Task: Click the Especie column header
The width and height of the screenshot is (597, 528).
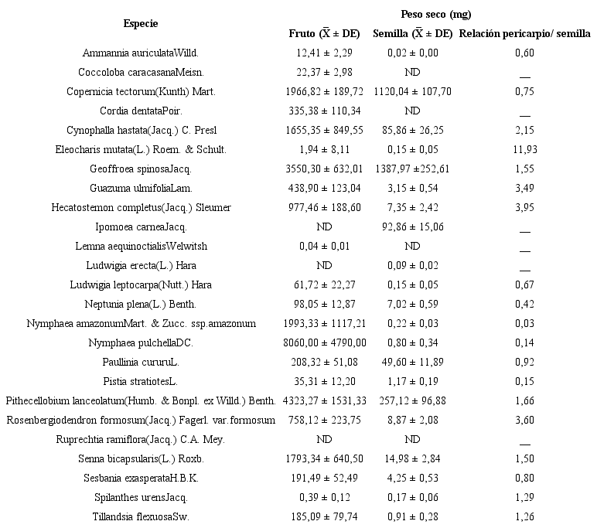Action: [x=140, y=23]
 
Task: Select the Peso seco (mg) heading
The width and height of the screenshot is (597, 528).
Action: [x=436, y=14]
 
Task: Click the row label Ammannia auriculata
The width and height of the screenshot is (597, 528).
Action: [x=140, y=53]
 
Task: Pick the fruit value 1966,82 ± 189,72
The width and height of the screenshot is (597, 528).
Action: [x=324, y=91]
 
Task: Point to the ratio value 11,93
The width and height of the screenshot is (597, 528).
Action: [x=525, y=149]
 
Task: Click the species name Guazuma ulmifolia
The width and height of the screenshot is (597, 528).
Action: [x=140, y=188]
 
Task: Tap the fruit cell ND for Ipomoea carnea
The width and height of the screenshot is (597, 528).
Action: [x=324, y=227]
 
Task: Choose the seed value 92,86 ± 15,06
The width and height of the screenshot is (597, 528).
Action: [x=412, y=227]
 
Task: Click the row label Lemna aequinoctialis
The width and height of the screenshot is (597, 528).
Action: [x=140, y=246]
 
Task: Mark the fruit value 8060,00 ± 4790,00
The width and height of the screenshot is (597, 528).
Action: [x=324, y=342]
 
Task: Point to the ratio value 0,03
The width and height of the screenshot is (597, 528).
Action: [x=525, y=323]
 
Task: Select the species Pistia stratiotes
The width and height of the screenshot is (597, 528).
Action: [x=140, y=381]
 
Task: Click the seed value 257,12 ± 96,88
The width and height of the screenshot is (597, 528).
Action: [x=412, y=400]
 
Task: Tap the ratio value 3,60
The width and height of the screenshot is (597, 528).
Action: [x=525, y=420]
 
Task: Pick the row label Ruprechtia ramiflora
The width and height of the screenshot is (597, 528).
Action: [x=140, y=439]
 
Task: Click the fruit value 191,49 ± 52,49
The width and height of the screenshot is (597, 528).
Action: [x=324, y=478]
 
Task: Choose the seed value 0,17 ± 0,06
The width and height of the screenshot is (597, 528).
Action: [x=412, y=497]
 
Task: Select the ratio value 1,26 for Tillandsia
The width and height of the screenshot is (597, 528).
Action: [x=525, y=516]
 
